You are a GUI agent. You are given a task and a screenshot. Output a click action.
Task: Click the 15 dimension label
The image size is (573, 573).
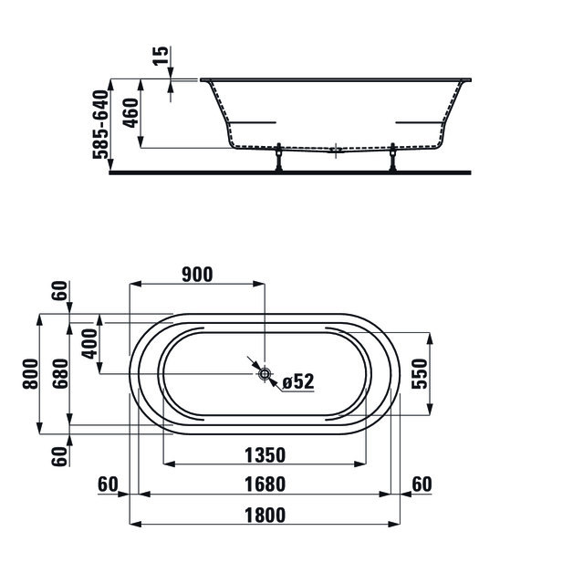(161, 56)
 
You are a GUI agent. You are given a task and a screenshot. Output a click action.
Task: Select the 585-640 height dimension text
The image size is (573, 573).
(100, 124)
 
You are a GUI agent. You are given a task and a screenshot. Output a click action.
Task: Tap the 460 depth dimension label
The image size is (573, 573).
(130, 113)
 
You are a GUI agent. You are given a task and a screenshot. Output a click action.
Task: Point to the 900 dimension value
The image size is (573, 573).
(197, 275)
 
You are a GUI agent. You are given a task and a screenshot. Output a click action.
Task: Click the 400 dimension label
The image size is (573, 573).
(89, 343)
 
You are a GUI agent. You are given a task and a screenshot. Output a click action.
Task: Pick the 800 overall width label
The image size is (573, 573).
(30, 374)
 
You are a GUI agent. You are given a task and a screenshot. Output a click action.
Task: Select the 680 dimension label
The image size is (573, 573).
(60, 374)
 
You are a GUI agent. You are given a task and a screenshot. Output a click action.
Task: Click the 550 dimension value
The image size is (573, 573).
(419, 374)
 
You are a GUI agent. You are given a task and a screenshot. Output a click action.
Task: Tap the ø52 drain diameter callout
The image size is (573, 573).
(298, 382)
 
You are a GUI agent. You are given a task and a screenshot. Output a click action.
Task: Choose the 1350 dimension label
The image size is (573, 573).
(265, 455)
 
